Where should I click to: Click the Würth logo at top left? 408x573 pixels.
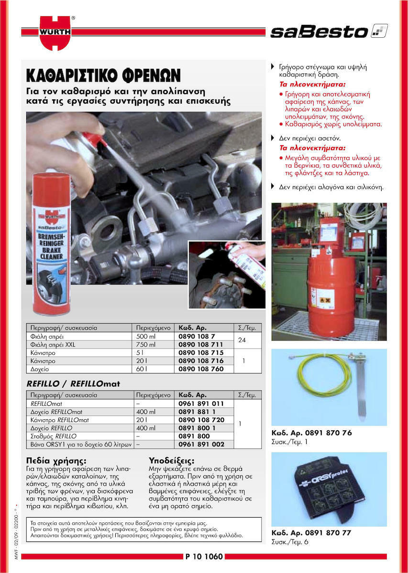pos(55,32)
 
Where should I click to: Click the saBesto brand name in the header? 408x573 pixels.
pos(319,32)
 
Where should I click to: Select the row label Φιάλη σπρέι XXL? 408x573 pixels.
pos(53,345)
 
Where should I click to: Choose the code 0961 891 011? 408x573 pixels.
pos(201,403)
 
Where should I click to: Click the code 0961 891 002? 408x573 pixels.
pos(201,444)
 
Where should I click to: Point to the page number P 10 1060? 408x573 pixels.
pos(204,556)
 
